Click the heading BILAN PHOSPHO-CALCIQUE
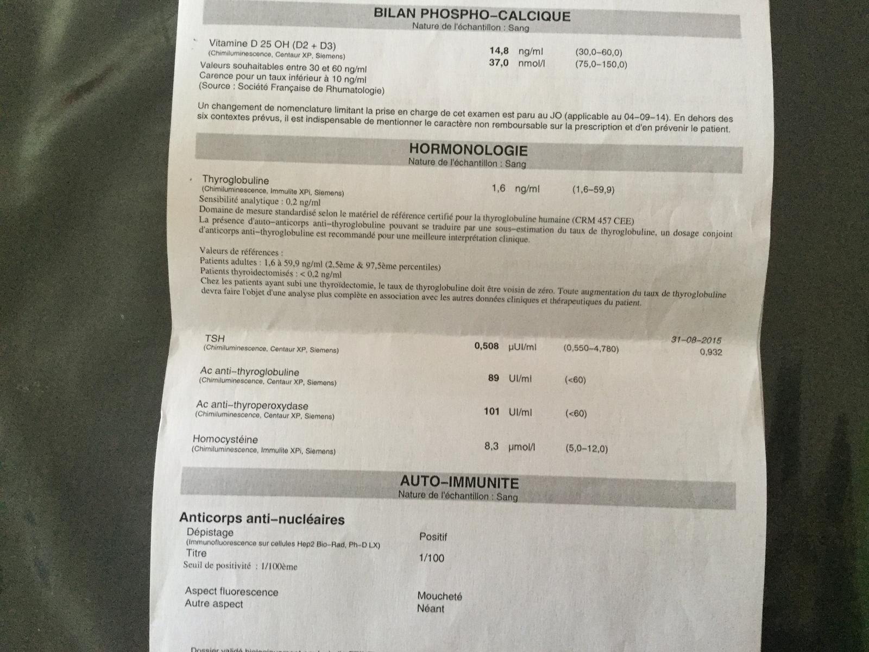pos(472,14)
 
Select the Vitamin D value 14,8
pos(499,51)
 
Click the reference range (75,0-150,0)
pos(601,64)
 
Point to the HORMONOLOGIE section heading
pos(468,149)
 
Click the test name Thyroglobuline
pos(235,180)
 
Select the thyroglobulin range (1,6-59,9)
pos(593,190)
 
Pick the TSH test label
pos(215,338)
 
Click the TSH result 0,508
pos(487,346)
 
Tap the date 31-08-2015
pos(696,340)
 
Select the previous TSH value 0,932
pos(711,352)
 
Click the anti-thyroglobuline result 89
pos(493,378)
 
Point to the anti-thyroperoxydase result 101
pos(491,411)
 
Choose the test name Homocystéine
pos(225,439)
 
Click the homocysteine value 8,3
pos(491,447)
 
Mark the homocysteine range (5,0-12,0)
pos(586,449)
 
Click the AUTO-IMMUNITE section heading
pos(459,482)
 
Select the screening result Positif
pos(433,537)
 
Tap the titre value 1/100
pos(431,558)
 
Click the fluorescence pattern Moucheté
pos(439,596)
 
